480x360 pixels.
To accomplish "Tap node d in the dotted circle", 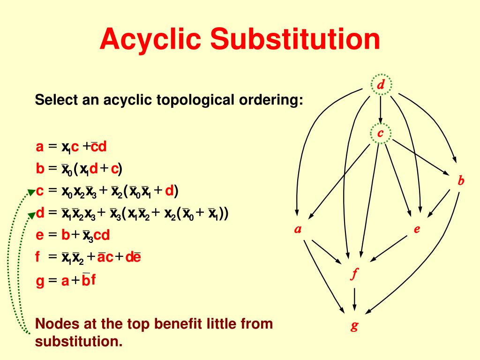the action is click(381, 85).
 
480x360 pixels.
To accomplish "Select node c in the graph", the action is click(381, 134).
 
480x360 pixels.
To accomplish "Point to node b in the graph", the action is click(461, 181).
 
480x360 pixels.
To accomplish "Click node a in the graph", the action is click(297, 229).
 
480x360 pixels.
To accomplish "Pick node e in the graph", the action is click(417, 229).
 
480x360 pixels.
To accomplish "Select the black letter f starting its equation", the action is click(38, 257).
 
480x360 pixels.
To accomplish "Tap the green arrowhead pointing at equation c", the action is click(31, 191).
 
